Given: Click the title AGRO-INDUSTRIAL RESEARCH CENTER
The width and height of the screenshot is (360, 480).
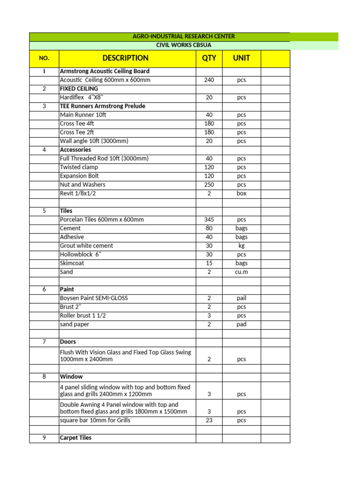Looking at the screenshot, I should point(183,37).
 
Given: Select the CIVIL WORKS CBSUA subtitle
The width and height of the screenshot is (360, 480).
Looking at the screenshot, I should point(183,45).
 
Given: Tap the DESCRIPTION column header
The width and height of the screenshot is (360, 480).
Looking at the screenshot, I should point(125,58).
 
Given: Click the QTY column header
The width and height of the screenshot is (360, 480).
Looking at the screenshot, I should point(209,58).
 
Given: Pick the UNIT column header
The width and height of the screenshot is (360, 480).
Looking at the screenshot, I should point(241,58).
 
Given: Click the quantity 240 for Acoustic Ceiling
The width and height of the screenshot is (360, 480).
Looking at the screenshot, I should point(209,80).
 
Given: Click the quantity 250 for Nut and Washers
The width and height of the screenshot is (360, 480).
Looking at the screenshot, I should point(209,185).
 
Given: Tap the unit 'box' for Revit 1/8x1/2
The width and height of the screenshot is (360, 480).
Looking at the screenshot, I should point(241,193).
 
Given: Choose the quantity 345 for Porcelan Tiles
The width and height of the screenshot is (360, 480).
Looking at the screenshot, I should point(209,219).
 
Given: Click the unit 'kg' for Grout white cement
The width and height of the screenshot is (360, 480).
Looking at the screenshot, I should point(241,246).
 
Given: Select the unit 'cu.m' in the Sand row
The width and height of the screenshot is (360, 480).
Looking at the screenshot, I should point(241,272).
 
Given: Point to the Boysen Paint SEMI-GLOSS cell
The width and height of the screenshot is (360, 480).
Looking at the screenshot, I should point(94,298).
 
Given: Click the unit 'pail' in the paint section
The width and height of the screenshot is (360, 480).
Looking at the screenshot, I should point(241,298).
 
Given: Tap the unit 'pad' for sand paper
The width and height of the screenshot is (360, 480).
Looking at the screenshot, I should point(241,324).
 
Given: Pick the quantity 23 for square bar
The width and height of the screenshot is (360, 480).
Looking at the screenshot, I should point(209,420).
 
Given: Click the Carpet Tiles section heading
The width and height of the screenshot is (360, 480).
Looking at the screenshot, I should point(76,438).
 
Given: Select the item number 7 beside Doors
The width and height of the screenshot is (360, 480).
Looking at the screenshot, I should point(44,342).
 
